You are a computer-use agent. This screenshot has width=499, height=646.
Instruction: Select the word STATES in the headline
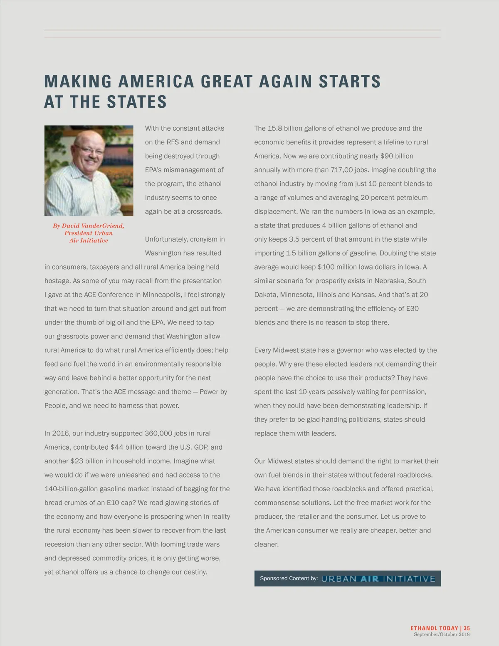(x=137, y=102)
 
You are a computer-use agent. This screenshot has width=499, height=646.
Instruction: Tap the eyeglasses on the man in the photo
(x=89, y=150)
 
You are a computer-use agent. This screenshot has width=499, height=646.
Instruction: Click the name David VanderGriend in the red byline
(x=93, y=226)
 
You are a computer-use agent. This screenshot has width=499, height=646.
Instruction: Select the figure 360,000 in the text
(x=158, y=433)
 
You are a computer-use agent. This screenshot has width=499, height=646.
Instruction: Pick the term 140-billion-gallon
(x=71, y=489)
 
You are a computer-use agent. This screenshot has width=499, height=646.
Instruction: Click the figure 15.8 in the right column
(x=274, y=129)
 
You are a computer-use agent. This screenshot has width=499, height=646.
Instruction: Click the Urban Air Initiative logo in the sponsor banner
(x=378, y=579)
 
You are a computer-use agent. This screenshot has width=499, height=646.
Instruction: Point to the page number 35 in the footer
(x=467, y=628)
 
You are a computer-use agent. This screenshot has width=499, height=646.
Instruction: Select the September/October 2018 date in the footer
(x=441, y=634)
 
